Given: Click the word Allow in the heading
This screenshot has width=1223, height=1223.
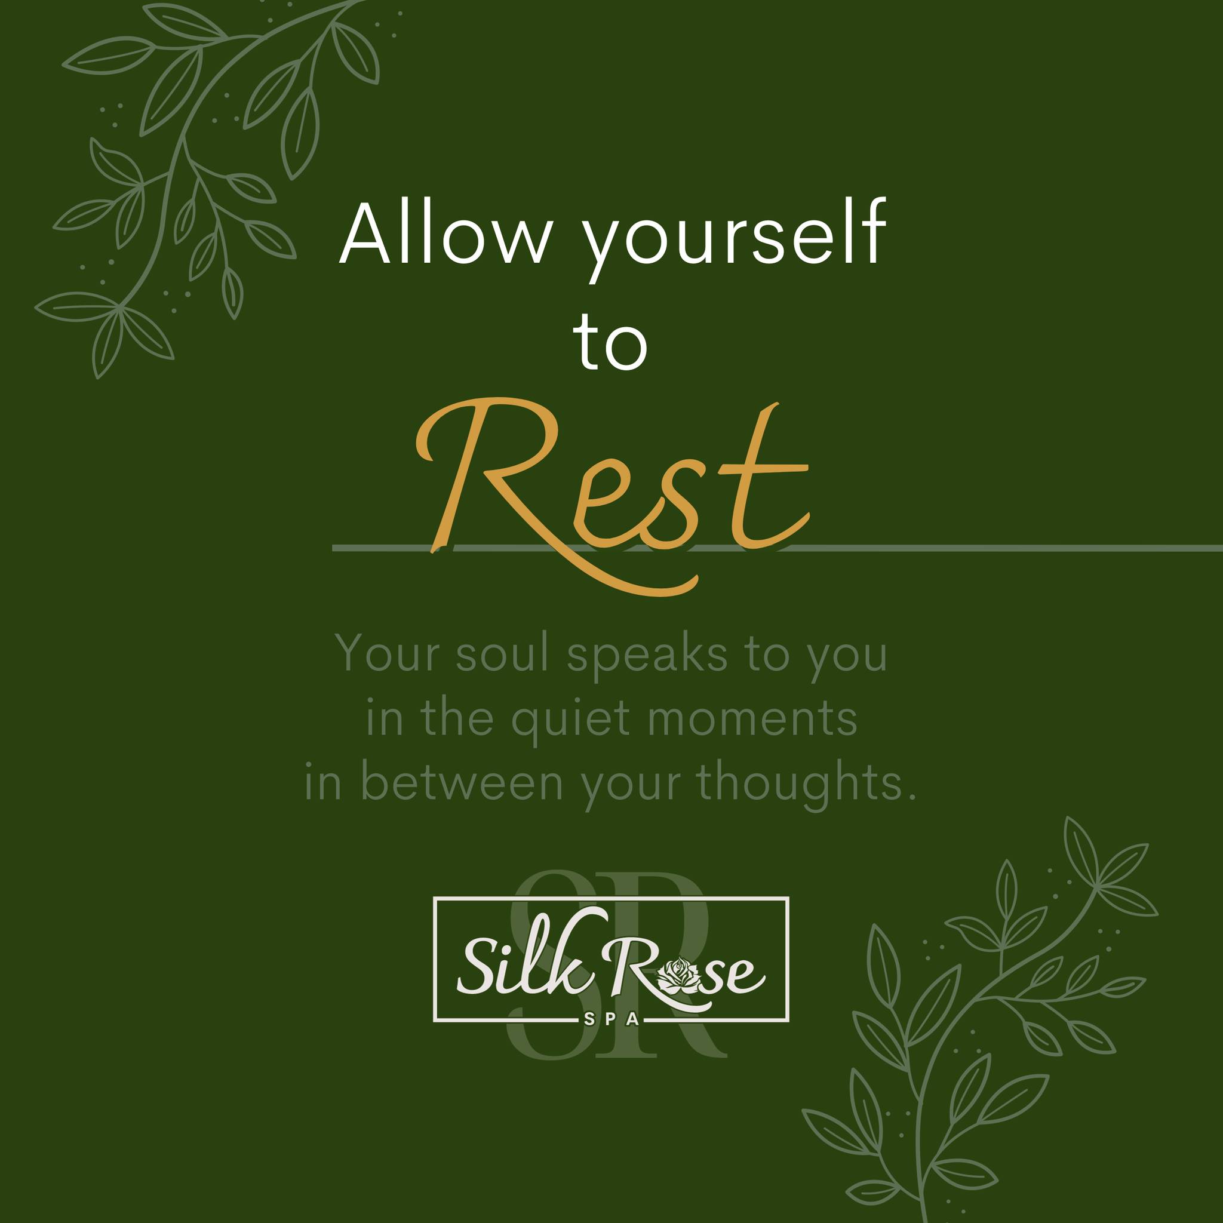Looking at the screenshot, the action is tap(443, 233).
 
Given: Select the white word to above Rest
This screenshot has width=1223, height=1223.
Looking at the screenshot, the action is tap(610, 342).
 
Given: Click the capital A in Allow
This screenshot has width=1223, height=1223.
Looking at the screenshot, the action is tap(366, 233).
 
